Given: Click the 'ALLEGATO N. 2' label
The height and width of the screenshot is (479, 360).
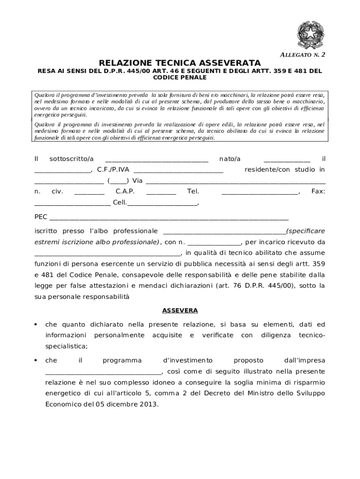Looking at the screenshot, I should tap(302, 55).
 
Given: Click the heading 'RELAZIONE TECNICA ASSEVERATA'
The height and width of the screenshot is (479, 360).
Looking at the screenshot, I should tap(180, 63).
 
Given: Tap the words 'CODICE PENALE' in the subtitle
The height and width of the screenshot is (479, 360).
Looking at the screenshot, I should tap(180, 77).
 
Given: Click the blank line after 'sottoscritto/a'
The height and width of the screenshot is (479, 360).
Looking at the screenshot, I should tap(157, 160).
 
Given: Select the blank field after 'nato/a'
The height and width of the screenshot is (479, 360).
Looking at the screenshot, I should tap(287, 160).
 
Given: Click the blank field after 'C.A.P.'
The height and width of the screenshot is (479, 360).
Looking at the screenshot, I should tap(161, 193).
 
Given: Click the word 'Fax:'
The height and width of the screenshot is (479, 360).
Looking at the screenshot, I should tap(318, 191).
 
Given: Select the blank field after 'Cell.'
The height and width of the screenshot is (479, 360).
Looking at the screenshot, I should tap(162, 204).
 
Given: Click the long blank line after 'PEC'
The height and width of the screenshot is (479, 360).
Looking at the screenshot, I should tap(168, 218).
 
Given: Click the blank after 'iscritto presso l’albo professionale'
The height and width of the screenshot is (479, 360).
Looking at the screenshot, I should tap(224, 232).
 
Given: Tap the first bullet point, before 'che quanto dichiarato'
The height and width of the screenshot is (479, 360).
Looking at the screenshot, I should tap(36, 325).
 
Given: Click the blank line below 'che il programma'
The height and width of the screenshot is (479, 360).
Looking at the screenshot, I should tap(103, 373).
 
